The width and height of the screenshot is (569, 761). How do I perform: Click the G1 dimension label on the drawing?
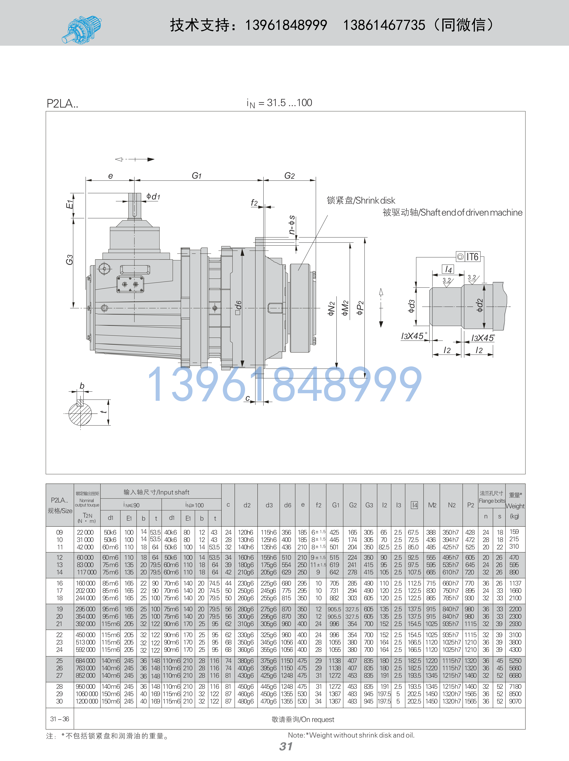click(196, 176)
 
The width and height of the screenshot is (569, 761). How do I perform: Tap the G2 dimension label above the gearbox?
click(289, 176)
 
